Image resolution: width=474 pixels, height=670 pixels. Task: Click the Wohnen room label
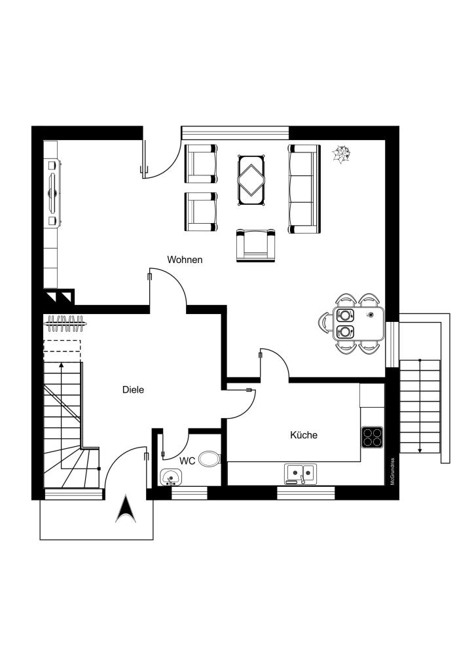pyautogui.click(x=185, y=259)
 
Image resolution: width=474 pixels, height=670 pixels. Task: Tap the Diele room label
pyautogui.click(x=133, y=390)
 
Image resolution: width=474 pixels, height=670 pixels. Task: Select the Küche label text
pyautogui.click(x=304, y=435)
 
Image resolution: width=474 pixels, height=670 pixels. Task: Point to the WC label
pyautogui.click(x=187, y=461)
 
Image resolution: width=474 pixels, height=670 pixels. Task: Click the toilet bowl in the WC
pyautogui.click(x=210, y=459)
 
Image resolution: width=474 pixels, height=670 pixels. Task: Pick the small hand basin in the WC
pyautogui.click(x=171, y=477)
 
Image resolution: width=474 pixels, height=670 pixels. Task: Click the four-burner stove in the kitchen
pyautogui.click(x=372, y=437)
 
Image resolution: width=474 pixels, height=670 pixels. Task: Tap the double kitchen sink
pyautogui.click(x=301, y=474)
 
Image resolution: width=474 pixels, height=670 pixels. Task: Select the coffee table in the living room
pyautogui.click(x=251, y=181)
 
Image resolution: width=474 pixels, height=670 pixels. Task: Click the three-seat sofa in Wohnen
pyautogui.click(x=304, y=189)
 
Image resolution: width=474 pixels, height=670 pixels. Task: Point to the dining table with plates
pyautogui.click(x=358, y=323)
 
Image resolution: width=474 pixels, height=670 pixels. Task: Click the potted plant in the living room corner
pyautogui.click(x=342, y=154)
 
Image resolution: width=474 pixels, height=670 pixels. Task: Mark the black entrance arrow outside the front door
pyautogui.click(x=126, y=509)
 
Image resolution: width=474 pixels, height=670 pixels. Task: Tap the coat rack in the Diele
pyautogui.click(x=65, y=323)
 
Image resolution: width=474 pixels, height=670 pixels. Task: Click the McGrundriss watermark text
pyautogui.click(x=392, y=471)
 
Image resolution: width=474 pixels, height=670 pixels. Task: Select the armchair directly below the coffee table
pyautogui.click(x=255, y=245)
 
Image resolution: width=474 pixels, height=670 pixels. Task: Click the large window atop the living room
pyautogui.click(x=235, y=133)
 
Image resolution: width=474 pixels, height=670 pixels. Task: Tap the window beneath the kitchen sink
pyautogui.click(x=306, y=493)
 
